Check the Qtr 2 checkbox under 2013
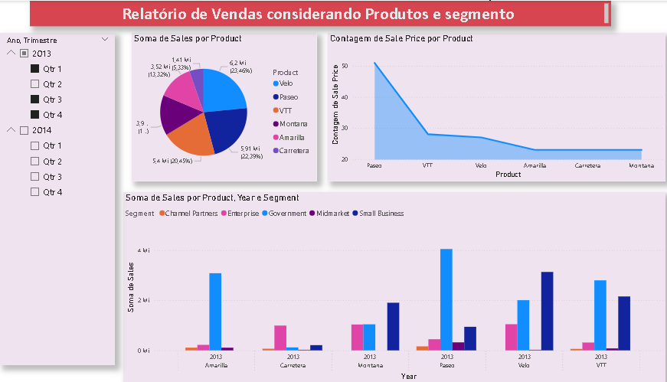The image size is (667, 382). [x=34, y=84]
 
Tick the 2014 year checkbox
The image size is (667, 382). [x=24, y=130]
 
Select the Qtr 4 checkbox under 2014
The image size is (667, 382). [x=34, y=192]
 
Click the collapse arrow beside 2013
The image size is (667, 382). [x=11, y=53]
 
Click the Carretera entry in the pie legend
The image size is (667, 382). [x=295, y=151]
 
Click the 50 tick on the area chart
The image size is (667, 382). [x=345, y=66]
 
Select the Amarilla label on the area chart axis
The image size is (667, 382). [x=535, y=165]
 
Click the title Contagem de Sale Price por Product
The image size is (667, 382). [x=401, y=38]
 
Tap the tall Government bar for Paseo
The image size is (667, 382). [x=446, y=299]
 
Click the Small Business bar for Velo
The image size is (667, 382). [x=547, y=310]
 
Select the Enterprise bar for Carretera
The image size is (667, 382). [x=280, y=338]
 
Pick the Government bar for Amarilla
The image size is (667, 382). [x=215, y=312]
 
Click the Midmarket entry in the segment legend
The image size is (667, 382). [x=329, y=213]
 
